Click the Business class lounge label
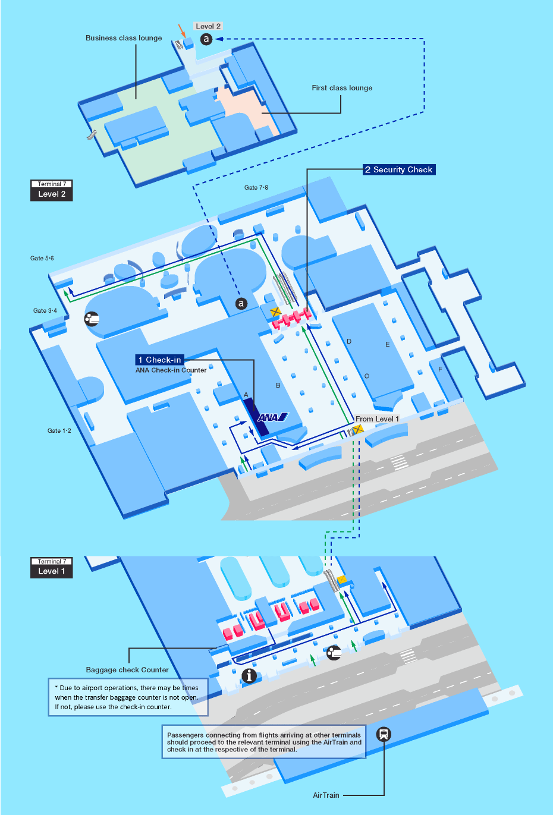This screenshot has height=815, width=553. pos(124,38)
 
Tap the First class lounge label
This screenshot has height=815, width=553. pos(342,88)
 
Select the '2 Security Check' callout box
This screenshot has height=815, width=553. pos(399,169)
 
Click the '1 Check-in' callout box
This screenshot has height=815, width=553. pos(160,360)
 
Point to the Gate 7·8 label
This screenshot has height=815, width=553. pos(256,187)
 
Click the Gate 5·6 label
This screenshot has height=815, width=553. pos(42,259)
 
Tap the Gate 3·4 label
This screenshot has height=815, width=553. pos(45,310)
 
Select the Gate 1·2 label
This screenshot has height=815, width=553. pos(59,430)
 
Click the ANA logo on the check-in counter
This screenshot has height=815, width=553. pos(273,417)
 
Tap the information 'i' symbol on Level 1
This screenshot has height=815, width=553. pos(249,676)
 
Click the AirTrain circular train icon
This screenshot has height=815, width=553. pos(384,734)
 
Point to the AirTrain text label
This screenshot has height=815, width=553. pos(326,795)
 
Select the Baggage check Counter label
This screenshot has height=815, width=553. pos(127,669)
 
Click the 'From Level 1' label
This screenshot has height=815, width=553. pos(377,418)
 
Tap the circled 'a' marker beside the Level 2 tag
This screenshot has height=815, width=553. pos(206,39)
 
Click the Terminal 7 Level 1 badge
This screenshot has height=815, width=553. pos(52,568)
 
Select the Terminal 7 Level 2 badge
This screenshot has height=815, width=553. pos(52,190)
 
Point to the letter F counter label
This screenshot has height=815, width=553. pos(440,369)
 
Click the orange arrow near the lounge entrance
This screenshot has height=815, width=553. pos(182,31)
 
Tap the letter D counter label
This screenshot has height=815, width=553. pos(349,341)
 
